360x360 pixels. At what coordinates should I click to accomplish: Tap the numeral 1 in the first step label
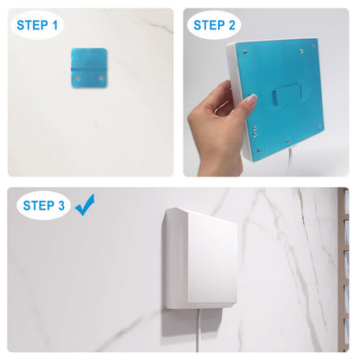pos(55,25)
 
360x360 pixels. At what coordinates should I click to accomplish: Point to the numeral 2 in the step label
pos(232,25)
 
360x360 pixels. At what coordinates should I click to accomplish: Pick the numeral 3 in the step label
pos(61,206)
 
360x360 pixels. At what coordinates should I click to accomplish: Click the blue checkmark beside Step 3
pos(85,205)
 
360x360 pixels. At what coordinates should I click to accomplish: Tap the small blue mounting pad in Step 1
pos(89,67)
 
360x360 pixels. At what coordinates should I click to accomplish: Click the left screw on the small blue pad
pos(77,78)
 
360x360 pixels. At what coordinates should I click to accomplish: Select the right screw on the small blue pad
pos(101,78)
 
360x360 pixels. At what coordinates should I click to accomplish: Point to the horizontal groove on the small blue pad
pos(89,69)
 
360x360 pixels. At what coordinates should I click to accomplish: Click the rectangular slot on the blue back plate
pos(286,95)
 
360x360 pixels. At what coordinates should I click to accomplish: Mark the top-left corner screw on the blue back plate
pos(245,52)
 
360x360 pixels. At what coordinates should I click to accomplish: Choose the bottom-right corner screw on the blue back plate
pos(319,126)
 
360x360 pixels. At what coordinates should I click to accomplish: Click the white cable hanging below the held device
pos(289,160)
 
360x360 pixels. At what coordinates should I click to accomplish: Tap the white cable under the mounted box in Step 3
pos(198,330)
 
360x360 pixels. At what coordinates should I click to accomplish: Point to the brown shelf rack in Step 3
pos(344,270)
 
